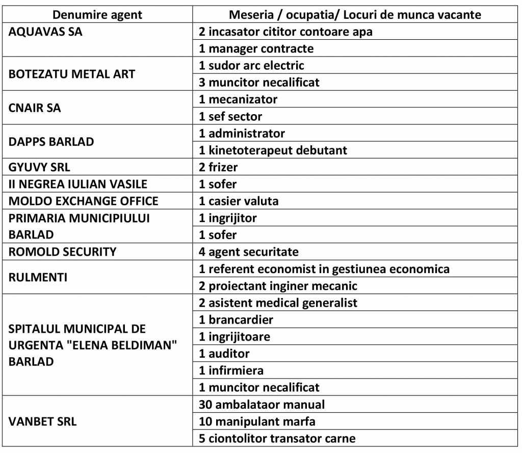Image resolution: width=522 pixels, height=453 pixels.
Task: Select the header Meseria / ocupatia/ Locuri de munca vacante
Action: pos(355,14)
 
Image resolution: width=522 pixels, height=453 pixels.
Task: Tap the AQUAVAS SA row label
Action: pos(46,32)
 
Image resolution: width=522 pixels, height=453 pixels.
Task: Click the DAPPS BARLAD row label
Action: pos(51,142)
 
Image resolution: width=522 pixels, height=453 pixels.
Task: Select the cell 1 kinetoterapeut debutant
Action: pos(273,150)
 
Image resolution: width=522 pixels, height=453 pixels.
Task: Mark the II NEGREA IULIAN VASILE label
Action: pos(75,184)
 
